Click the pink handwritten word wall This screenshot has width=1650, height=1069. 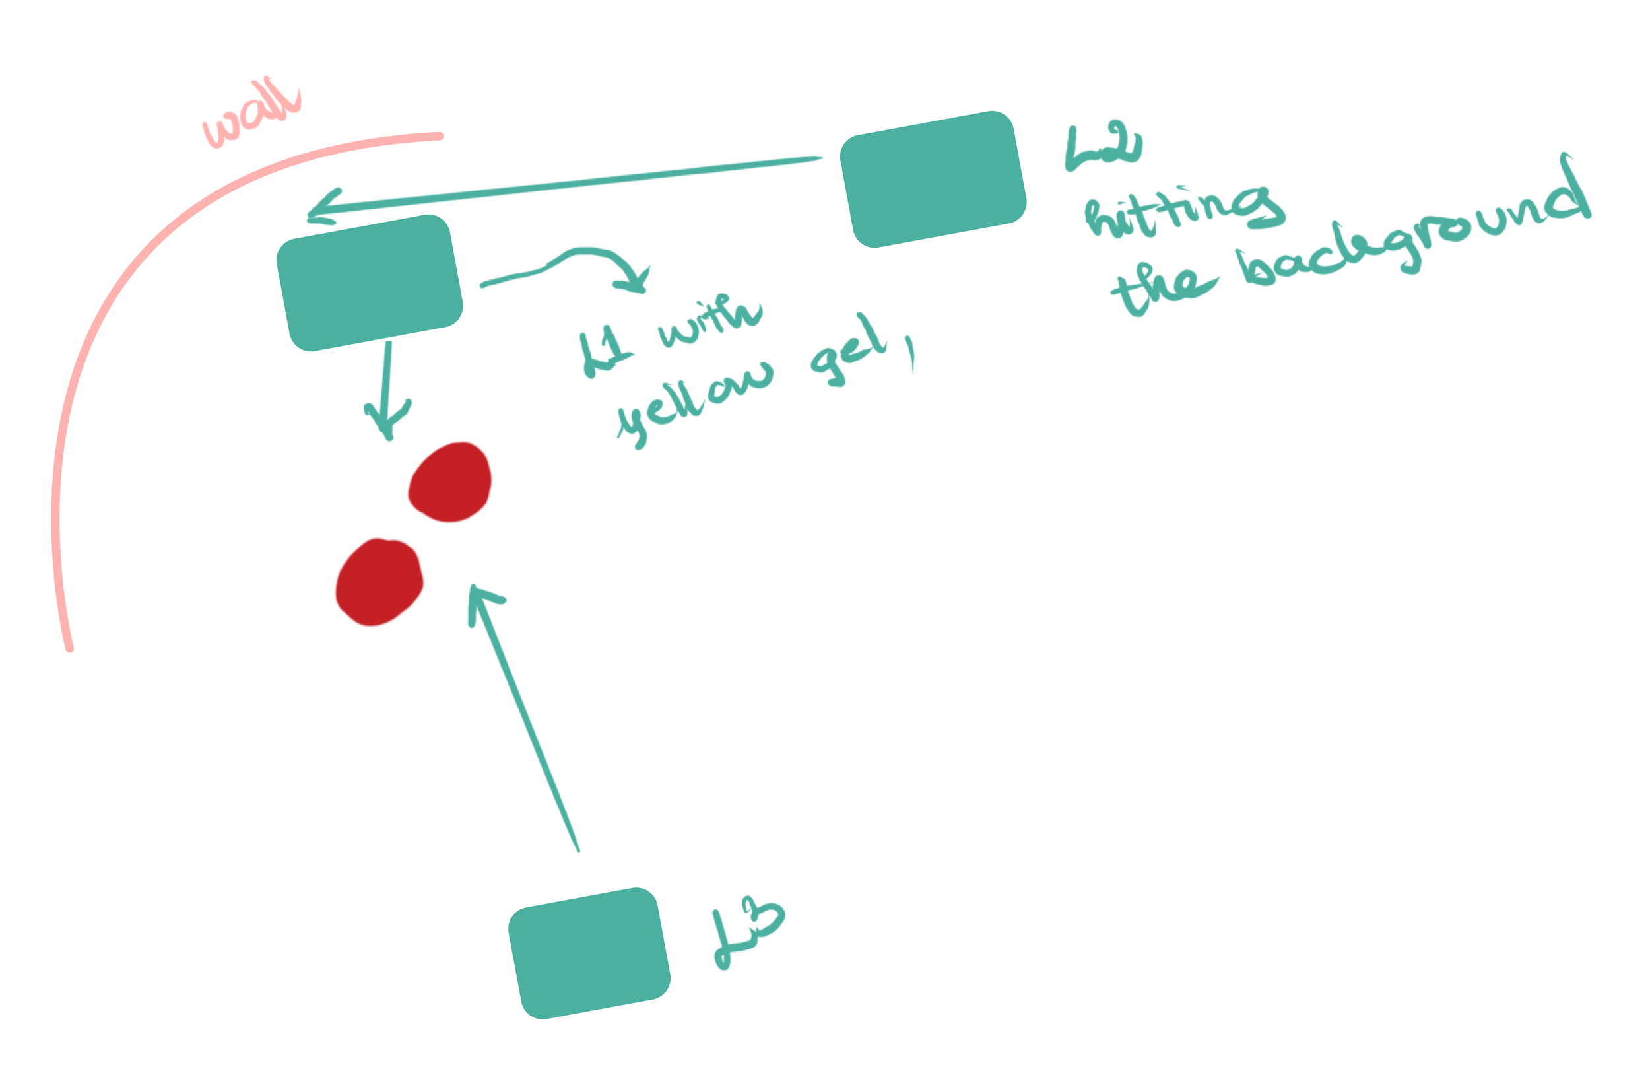click(x=251, y=114)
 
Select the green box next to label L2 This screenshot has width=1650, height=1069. click(x=933, y=179)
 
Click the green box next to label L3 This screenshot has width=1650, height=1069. click(x=589, y=953)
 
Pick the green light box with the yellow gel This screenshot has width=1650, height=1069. click(x=370, y=283)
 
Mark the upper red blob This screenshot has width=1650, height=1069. click(x=450, y=481)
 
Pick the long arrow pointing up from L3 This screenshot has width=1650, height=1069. click(x=523, y=714)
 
